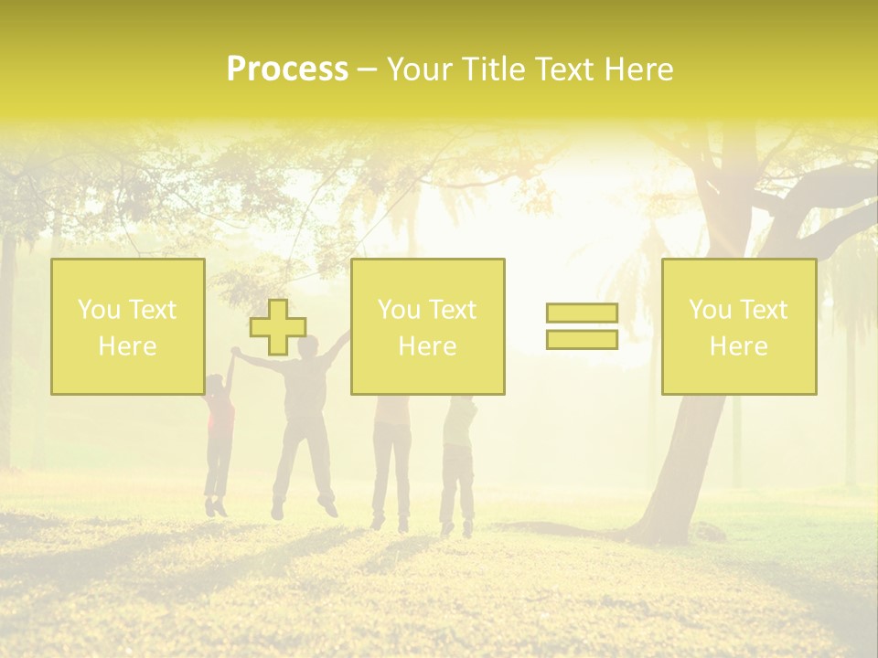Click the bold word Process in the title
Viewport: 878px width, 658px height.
click(287, 69)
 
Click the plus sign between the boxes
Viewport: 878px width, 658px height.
click(278, 327)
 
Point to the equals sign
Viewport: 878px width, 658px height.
click(582, 326)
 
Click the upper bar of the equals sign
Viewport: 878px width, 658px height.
click(582, 313)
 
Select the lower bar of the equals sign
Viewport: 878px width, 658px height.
click(582, 339)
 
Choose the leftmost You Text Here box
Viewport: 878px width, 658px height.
click(127, 326)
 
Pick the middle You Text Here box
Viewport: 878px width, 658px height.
click(427, 326)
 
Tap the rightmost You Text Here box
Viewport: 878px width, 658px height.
click(738, 326)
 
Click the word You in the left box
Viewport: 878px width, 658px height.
click(98, 310)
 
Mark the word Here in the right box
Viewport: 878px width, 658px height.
click(738, 346)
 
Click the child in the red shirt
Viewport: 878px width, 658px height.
click(219, 420)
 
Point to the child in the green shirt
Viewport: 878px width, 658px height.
click(457, 430)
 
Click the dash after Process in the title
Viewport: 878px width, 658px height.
click(367, 69)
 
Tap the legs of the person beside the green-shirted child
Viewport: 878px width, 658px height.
click(391, 475)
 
